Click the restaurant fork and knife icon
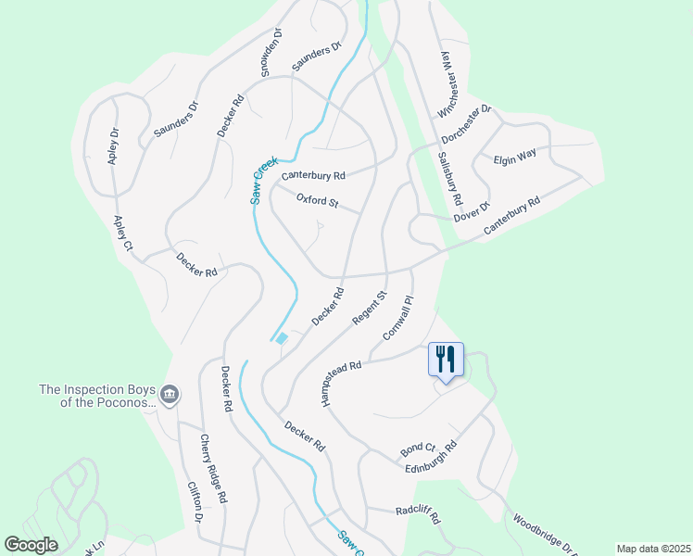(x=446, y=358)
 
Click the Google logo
(x=31, y=545)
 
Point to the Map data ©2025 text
(x=652, y=549)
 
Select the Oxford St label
(x=318, y=199)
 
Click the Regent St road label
(x=368, y=307)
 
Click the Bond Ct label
(x=418, y=449)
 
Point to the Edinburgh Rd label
(x=432, y=459)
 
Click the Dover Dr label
(x=472, y=212)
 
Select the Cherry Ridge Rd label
(x=209, y=469)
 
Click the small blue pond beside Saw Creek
(x=282, y=338)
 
